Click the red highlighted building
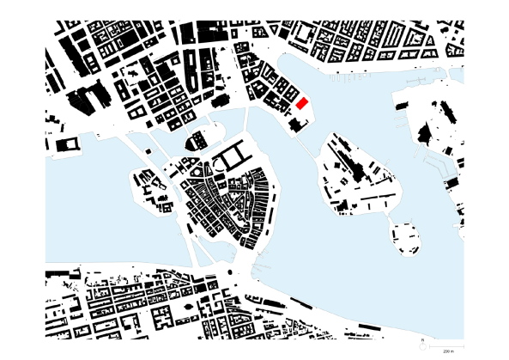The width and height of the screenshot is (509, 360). tap(301, 104)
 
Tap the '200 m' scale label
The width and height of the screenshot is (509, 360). tap(447, 351)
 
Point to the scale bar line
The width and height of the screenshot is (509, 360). tap(447, 346)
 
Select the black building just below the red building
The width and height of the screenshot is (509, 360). tap(296, 125)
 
